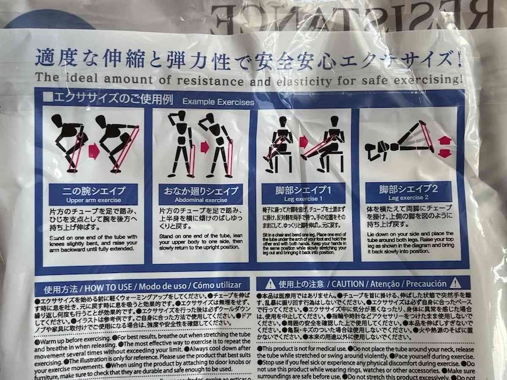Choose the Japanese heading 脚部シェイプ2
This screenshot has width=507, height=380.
(x=408, y=188)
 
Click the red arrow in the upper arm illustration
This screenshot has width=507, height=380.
(x=93, y=151)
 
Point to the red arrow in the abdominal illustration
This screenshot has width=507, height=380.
(x=205, y=148)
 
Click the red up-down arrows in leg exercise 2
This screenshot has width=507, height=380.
(x=445, y=146)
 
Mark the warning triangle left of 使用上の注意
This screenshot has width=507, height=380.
(x=269, y=283)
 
